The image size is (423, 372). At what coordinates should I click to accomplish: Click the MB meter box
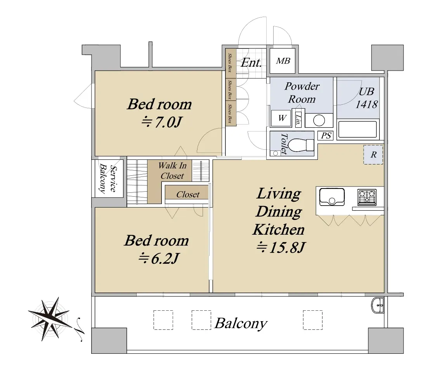point(283,61)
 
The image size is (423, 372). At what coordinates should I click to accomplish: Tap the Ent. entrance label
point(251,63)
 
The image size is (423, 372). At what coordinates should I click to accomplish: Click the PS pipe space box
point(326,135)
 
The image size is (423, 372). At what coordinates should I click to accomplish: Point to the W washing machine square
point(281,118)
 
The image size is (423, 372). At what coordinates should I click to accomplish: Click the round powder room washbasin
point(319,120)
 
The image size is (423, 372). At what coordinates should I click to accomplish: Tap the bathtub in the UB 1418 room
point(357,130)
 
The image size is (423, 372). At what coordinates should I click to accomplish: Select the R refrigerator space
point(373,155)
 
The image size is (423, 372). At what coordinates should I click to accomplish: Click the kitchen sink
point(332,197)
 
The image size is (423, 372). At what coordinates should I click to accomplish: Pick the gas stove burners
point(367,196)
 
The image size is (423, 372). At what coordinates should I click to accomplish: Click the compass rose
point(50,319)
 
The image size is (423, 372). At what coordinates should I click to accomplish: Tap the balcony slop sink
point(378,305)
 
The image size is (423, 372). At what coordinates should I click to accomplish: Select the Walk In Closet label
point(172,171)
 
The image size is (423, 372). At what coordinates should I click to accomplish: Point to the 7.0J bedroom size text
point(161,123)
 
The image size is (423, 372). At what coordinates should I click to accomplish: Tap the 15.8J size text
point(281,247)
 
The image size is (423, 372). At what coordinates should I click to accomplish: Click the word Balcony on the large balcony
point(241,324)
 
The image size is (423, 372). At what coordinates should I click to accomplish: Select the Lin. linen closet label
point(298,120)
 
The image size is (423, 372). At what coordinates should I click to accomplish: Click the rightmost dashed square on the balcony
point(313,320)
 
